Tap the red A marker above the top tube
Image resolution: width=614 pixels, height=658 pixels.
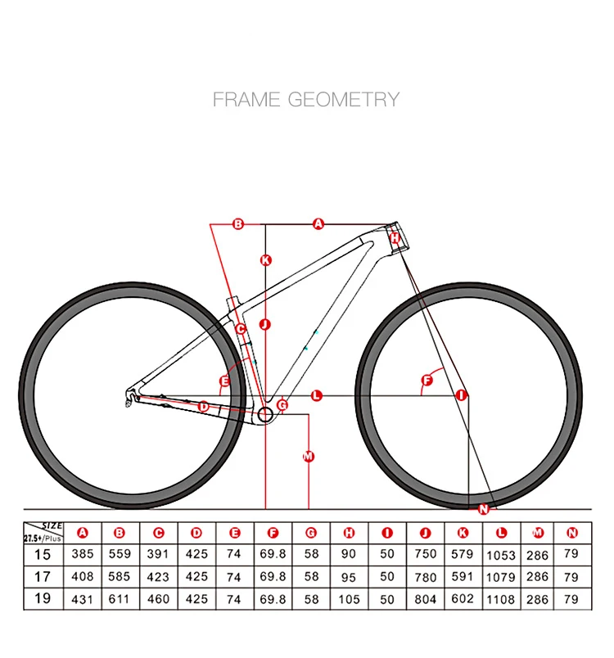click(x=319, y=223)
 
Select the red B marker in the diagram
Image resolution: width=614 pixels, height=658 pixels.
click(x=239, y=223)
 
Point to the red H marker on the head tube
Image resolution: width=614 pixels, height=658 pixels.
click(x=395, y=238)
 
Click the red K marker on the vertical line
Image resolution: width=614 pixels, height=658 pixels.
click(x=265, y=261)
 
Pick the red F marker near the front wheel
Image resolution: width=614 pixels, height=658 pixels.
click(x=427, y=380)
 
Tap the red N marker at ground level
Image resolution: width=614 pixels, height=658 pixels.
click(x=482, y=509)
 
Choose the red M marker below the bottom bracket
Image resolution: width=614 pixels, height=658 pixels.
click(x=309, y=457)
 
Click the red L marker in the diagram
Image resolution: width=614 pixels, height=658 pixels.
click(x=317, y=396)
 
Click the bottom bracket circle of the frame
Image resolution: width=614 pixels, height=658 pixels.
click(x=265, y=414)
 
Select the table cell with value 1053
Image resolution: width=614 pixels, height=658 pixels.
click(x=501, y=555)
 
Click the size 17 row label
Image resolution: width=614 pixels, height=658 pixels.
click(x=43, y=576)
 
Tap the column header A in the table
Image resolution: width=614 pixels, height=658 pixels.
click(x=82, y=533)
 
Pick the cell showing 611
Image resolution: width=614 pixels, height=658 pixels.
click(x=120, y=598)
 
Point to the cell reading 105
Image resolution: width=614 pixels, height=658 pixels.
click(x=350, y=598)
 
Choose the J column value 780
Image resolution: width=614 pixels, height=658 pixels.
click(x=425, y=577)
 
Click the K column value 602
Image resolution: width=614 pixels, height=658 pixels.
click(x=463, y=598)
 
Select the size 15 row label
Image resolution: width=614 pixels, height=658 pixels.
click(x=43, y=554)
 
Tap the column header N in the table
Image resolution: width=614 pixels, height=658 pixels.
click(x=572, y=533)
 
